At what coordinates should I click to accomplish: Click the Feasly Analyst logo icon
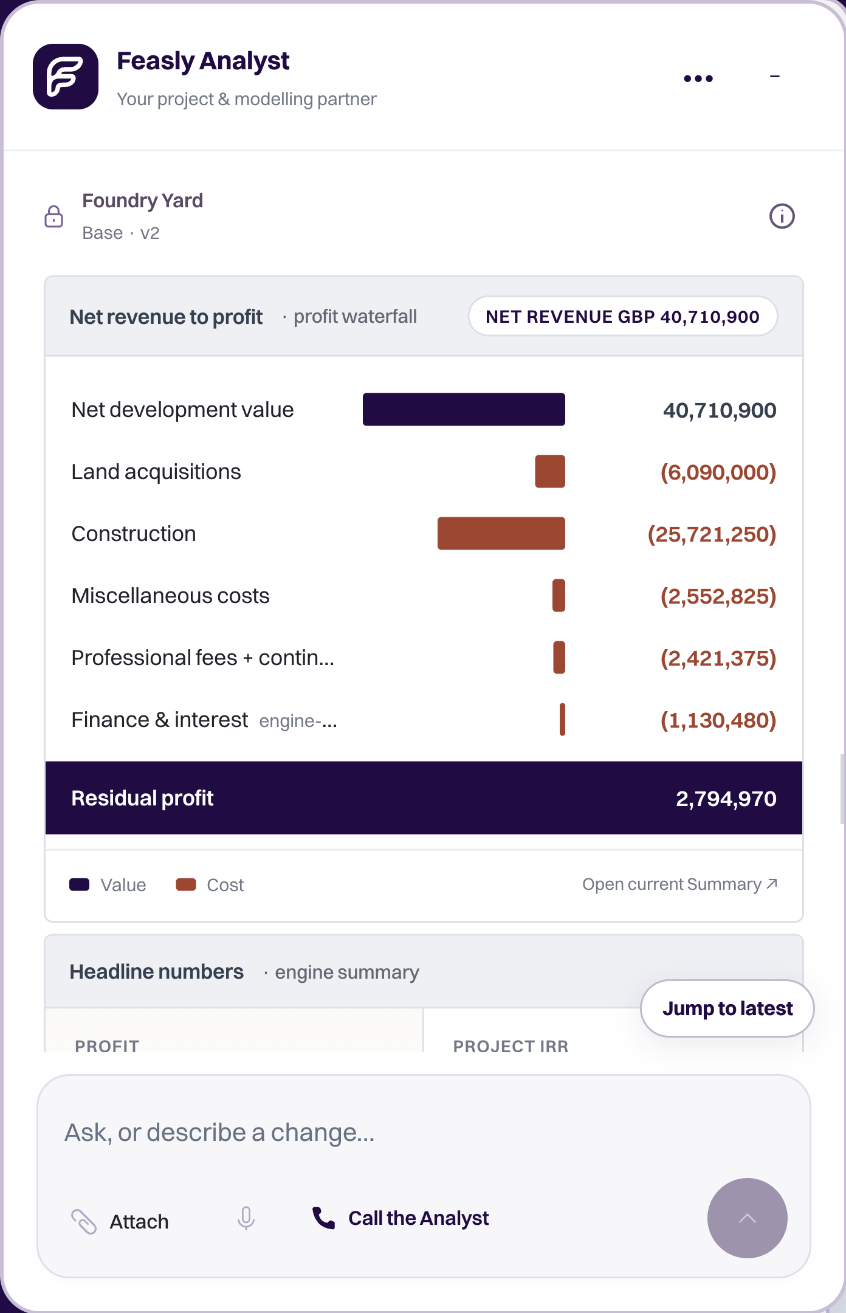point(66,77)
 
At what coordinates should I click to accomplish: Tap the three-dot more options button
point(698,78)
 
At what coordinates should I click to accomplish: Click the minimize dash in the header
point(775,77)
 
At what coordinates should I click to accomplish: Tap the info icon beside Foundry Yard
point(782,216)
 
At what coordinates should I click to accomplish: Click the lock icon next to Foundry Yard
point(54,216)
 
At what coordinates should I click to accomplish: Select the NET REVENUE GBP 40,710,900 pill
point(622,316)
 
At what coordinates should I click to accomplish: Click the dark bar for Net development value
point(464,410)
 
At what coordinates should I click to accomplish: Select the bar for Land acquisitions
point(550,472)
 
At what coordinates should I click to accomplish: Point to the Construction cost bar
point(501,534)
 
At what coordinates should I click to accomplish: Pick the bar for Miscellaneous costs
point(559,596)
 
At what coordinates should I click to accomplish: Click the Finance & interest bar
point(563,720)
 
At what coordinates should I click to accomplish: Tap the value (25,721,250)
point(712,534)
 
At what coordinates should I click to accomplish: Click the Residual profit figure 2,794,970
point(726,798)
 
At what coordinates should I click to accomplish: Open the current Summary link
point(680,884)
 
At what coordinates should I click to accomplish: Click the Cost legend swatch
point(186,884)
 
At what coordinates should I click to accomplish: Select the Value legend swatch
point(80,884)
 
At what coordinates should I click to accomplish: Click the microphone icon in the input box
point(246,1219)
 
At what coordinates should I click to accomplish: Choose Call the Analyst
point(401,1218)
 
